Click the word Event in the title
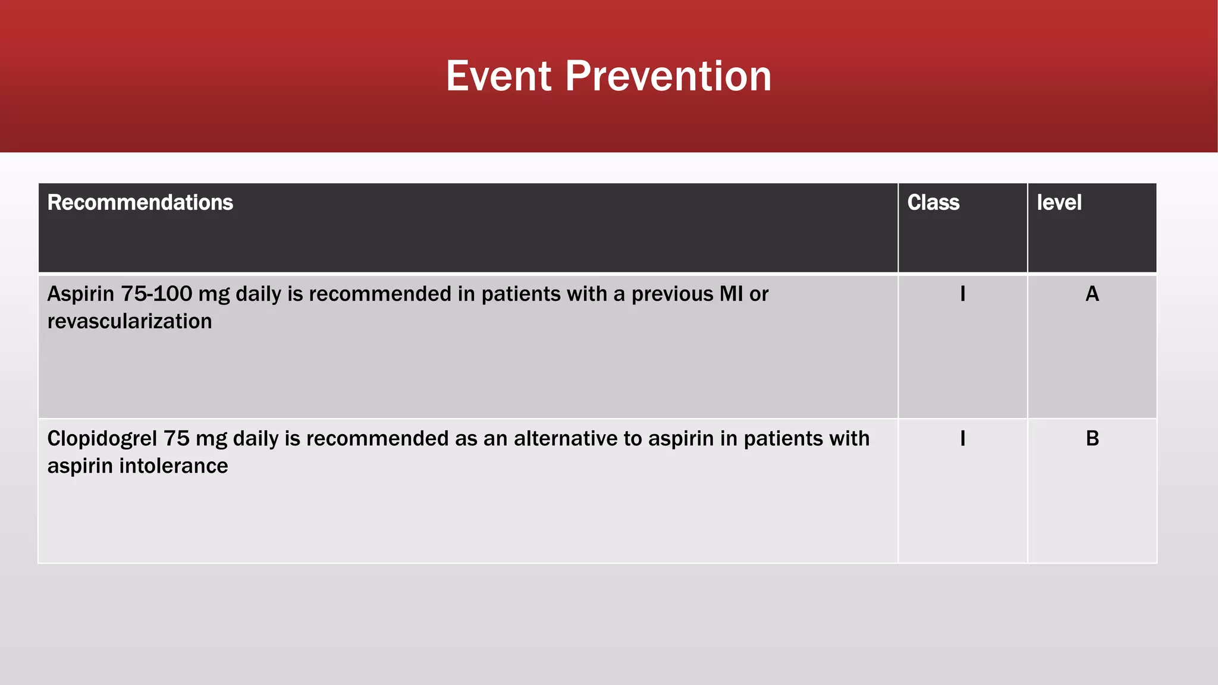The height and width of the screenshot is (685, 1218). [x=499, y=76]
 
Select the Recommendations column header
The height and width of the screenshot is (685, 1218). [x=140, y=203]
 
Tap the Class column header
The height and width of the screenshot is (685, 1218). [x=933, y=203]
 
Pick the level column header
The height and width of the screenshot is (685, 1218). [x=1059, y=203]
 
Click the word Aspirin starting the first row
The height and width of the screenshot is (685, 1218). [x=81, y=294]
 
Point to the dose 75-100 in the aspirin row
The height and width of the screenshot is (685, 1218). [x=156, y=294]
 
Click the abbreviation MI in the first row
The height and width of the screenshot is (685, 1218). [x=731, y=294]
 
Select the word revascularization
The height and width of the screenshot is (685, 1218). [x=130, y=322]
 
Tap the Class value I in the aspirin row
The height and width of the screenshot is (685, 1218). [x=962, y=294]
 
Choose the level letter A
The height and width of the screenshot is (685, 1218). [x=1092, y=294]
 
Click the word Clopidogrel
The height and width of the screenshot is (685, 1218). [x=102, y=439]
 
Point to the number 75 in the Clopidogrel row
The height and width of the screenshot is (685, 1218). [x=176, y=439]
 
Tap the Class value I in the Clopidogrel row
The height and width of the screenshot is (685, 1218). [x=962, y=439]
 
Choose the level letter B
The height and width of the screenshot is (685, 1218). [x=1092, y=439]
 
